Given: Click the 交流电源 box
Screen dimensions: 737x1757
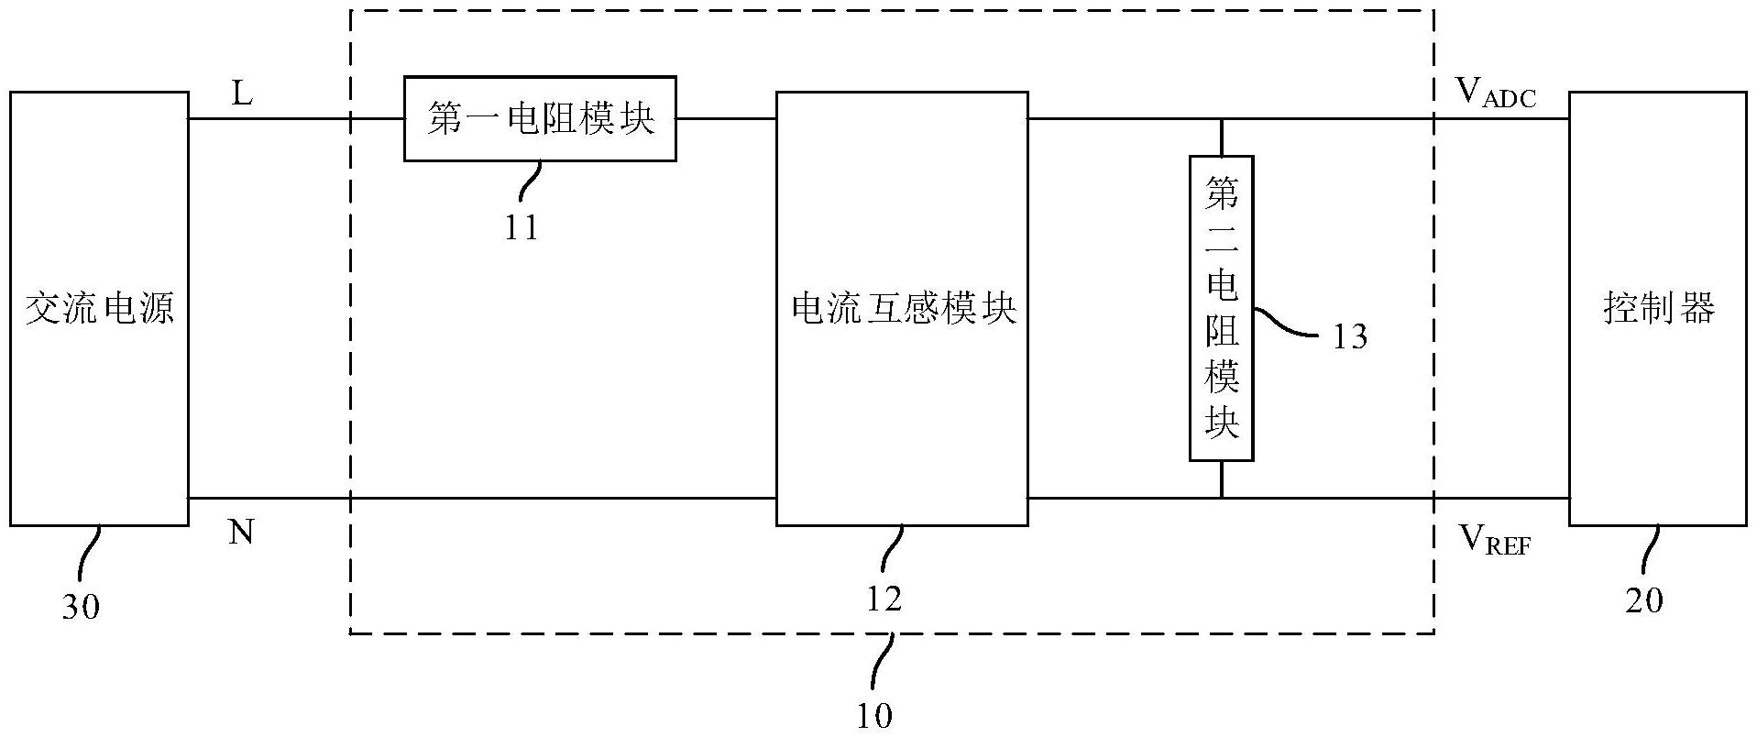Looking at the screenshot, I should [99, 308].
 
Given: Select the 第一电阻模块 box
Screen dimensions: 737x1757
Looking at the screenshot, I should [540, 118].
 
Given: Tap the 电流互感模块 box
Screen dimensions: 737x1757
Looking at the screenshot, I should [902, 308].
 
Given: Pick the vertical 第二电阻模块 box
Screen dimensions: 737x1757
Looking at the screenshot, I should [1221, 308].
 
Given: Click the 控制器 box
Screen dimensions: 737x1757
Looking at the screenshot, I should [1659, 308].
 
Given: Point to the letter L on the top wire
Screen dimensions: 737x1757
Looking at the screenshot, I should [242, 93].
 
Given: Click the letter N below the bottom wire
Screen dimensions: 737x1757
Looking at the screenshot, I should [241, 532].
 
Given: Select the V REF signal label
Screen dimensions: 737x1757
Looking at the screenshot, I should [1494, 542].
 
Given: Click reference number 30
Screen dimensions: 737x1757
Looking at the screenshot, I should [81, 607].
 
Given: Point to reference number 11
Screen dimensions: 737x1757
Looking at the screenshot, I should [522, 226].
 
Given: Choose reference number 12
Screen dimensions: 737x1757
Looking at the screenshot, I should [884, 599].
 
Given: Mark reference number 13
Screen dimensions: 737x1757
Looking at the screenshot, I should [1349, 337].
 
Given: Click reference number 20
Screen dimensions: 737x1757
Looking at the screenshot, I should [1644, 601].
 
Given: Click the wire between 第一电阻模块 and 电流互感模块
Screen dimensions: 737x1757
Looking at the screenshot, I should [726, 118].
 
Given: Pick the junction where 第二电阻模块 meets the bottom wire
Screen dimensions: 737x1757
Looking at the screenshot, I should [1221, 498].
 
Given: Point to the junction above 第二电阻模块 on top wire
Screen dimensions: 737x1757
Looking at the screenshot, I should [1221, 118].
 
